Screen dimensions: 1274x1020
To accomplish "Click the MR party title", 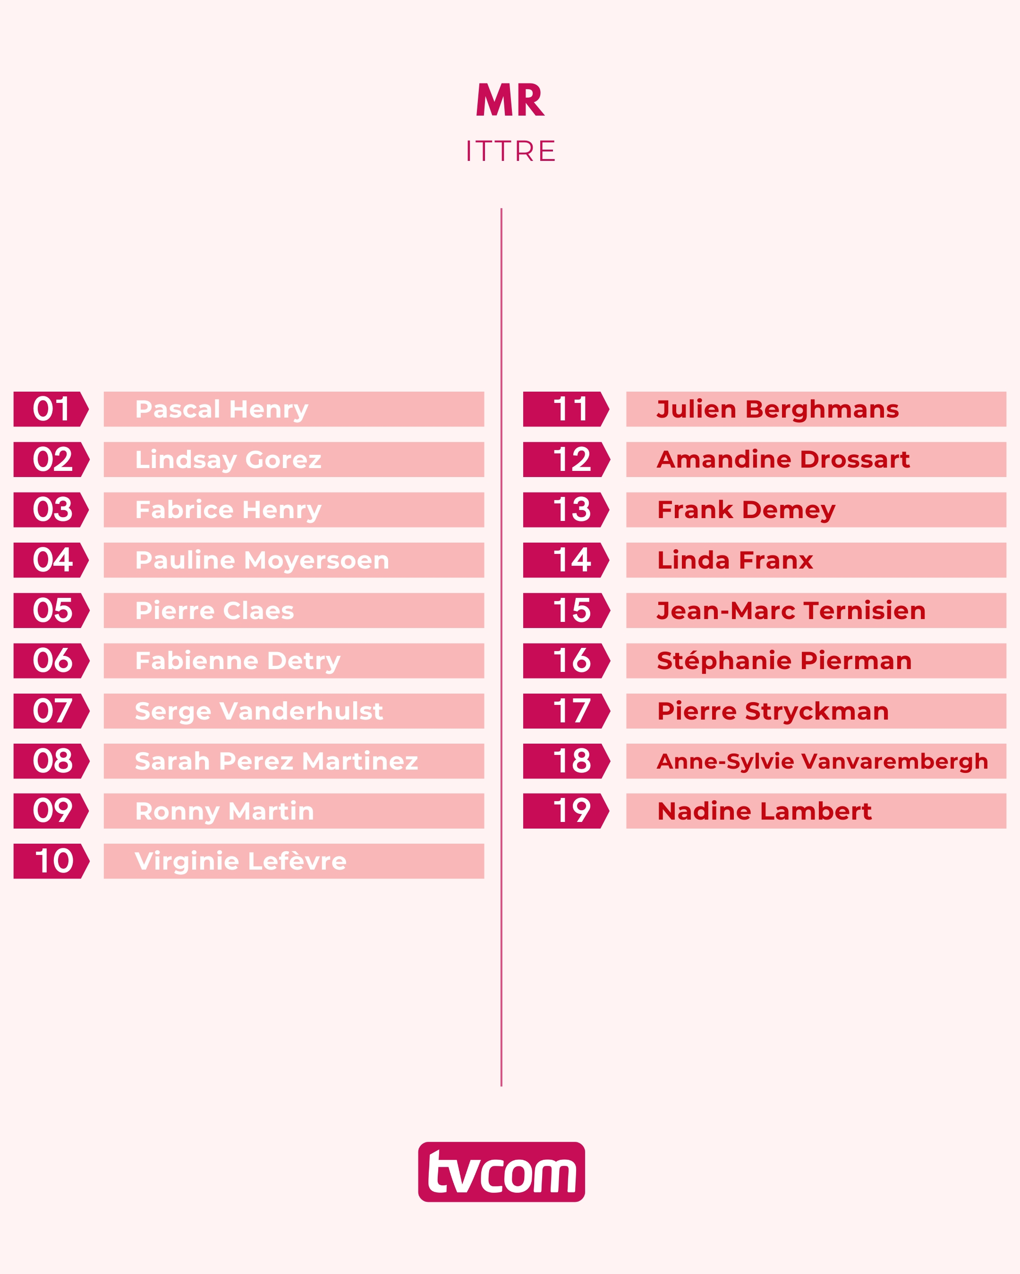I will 510,101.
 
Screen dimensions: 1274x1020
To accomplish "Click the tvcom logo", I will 501,1172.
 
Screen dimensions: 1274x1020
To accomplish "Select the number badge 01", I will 51,409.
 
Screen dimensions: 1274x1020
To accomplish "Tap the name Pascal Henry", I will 222,409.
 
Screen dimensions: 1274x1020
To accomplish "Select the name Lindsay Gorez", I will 228,459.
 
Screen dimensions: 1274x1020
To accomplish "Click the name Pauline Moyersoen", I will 262,560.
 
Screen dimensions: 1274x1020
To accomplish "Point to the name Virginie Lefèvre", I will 241,861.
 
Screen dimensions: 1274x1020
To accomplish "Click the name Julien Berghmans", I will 778,409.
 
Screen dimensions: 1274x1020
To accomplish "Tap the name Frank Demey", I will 746,509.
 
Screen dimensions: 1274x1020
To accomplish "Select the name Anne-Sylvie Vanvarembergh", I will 823,761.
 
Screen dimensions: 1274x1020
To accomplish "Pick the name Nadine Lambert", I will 765,811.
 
